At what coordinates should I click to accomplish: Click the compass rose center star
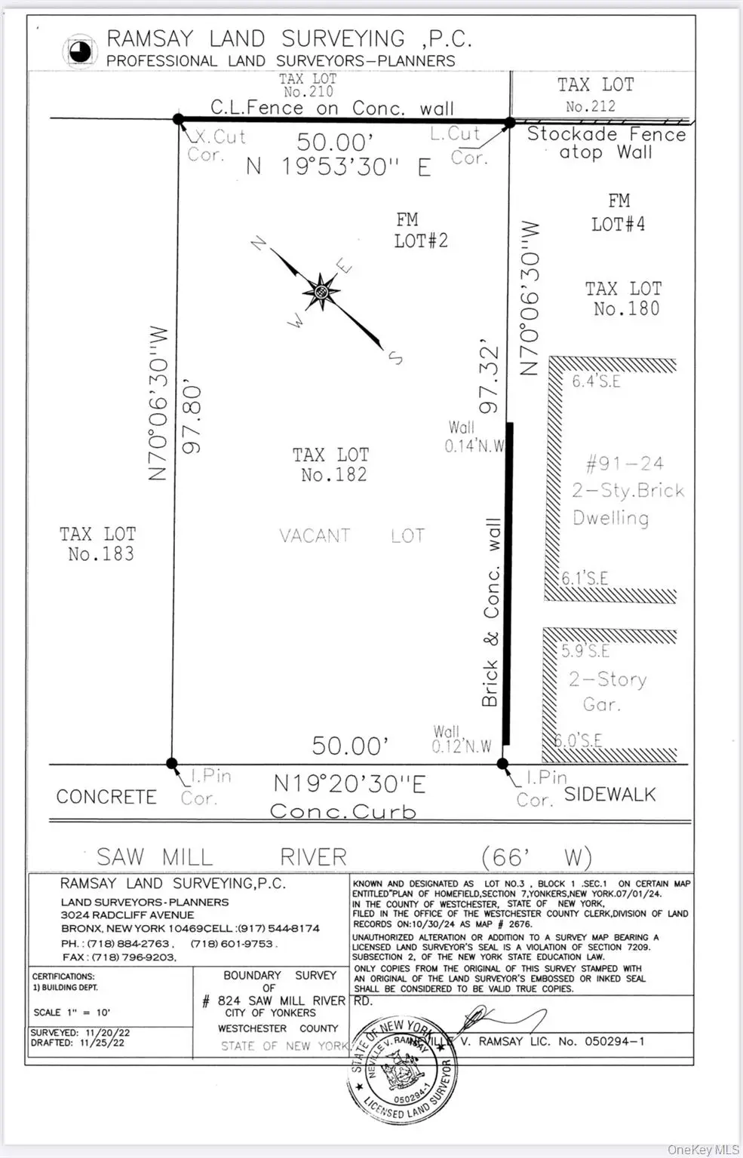[321, 291]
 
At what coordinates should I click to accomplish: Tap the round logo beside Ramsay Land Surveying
[80, 51]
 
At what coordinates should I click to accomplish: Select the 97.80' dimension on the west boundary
[193, 419]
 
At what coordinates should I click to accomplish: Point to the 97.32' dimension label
[490, 379]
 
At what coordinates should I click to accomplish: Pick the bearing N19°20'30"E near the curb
[349, 784]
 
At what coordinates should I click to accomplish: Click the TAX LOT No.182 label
[332, 464]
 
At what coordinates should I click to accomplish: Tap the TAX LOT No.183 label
[99, 544]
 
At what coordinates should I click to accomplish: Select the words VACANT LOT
[352, 536]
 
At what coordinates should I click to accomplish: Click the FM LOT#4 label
[619, 213]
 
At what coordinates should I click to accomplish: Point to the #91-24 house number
[625, 464]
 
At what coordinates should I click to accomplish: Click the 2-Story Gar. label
[607, 691]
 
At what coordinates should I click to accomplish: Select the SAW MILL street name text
[155, 857]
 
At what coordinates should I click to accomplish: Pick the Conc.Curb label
[343, 811]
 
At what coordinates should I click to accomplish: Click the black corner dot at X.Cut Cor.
[179, 119]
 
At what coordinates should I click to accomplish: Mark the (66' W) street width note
[536, 857]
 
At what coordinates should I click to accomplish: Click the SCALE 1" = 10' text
[72, 1012]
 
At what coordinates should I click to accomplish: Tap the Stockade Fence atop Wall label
[606, 143]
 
